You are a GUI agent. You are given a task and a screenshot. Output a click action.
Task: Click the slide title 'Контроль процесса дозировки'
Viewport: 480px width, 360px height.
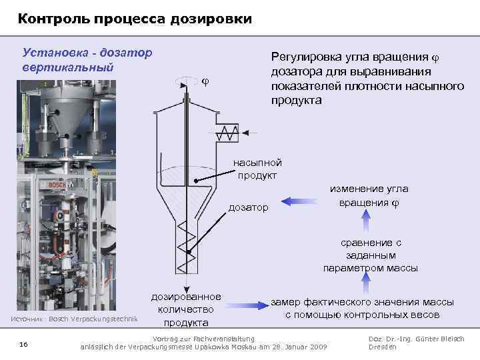pos(135,19)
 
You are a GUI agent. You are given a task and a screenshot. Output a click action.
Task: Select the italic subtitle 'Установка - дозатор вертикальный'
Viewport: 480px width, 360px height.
pos(87,59)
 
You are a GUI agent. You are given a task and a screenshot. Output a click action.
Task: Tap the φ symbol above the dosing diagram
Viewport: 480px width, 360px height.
pos(205,81)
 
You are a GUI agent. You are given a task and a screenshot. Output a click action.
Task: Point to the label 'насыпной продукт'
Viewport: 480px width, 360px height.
pos(257,169)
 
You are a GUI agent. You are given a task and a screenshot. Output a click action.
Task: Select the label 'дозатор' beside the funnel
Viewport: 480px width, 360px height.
pos(249,207)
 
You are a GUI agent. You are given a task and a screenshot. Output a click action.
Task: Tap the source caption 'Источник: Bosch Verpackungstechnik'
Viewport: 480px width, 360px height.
pos(74,319)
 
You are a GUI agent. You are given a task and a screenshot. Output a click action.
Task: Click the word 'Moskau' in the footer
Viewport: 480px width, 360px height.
pos(253,347)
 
